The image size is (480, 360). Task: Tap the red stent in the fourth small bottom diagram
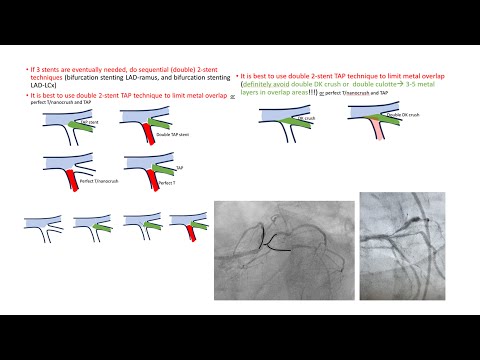click(x=188, y=233)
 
